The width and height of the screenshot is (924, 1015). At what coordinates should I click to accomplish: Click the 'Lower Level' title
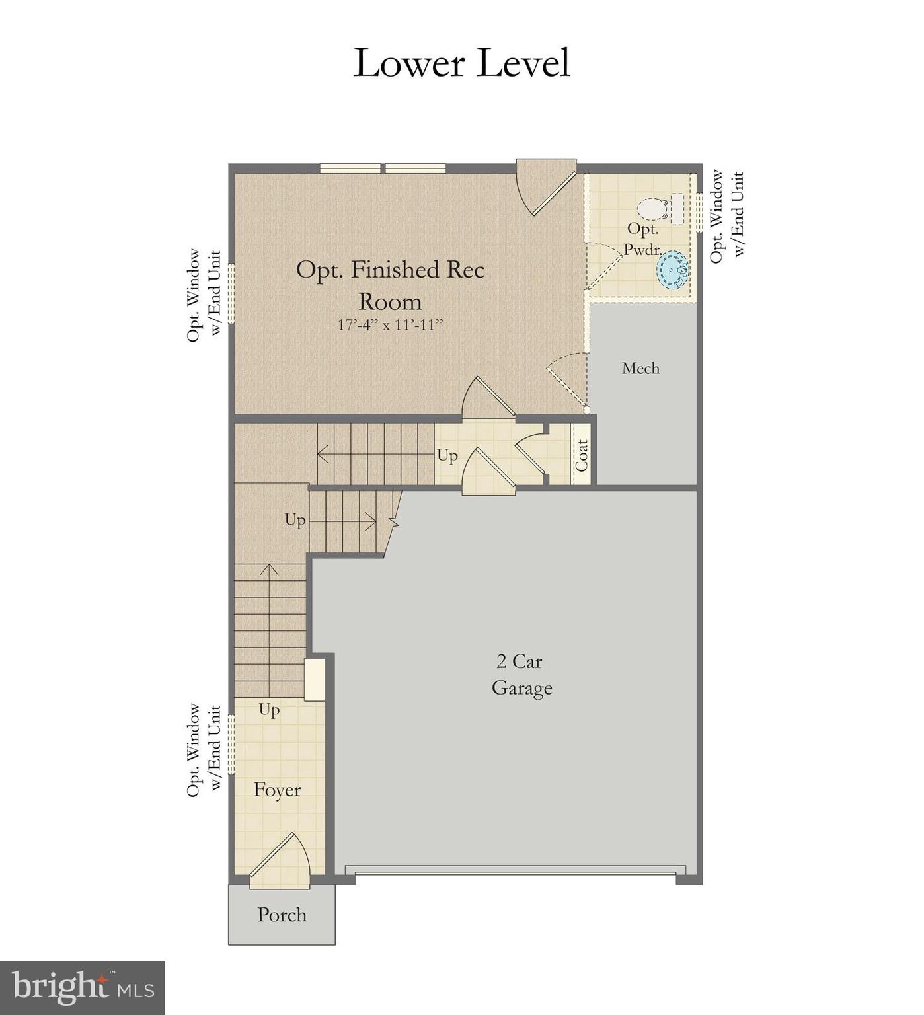pyautogui.click(x=461, y=63)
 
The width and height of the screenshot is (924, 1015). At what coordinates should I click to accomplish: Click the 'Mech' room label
pyautogui.click(x=640, y=368)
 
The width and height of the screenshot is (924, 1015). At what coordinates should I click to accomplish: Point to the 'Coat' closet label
pyautogui.click(x=582, y=455)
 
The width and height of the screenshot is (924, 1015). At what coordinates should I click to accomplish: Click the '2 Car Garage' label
pyautogui.click(x=521, y=675)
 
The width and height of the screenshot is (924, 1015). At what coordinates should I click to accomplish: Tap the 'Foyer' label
pyautogui.click(x=277, y=790)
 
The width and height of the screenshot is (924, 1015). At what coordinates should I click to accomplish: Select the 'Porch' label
pyautogui.click(x=282, y=915)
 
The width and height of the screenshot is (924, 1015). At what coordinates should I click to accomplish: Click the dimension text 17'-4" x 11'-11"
pyautogui.click(x=390, y=325)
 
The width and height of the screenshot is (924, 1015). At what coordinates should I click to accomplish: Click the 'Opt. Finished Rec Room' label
pyautogui.click(x=390, y=285)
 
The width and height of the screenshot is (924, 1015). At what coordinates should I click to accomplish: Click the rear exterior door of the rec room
pyautogui.click(x=546, y=186)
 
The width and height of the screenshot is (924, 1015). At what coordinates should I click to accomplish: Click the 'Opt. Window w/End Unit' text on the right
pyautogui.click(x=727, y=216)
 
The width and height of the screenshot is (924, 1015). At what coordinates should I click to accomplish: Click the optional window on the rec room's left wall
pyautogui.click(x=231, y=293)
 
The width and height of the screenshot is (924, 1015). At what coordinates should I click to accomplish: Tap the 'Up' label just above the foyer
pyautogui.click(x=269, y=710)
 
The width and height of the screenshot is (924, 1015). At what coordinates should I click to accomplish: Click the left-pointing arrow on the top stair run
pyautogui.click(x=324, y=455)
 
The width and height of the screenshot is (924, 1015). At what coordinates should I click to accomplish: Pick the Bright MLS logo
pyautogui.click(x=82, y=987)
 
